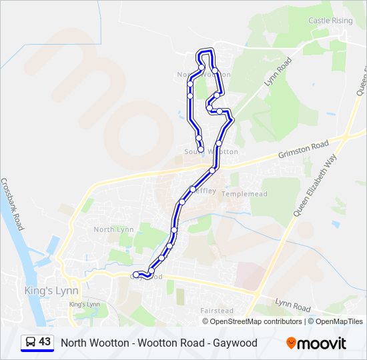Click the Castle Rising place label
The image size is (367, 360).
pos(330,21)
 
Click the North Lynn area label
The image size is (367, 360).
pos(113,229)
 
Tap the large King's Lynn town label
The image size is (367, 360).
pos(51,291)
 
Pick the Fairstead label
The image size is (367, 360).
pos(216,311)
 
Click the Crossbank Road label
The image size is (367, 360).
pos(12,204)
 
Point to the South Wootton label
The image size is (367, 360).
pos(211,152)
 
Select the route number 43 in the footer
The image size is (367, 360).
pos(45,342)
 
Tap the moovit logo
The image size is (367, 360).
pos(316,343)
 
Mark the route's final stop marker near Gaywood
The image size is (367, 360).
pos(136,274)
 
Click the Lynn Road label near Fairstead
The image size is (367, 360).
pos(292,307)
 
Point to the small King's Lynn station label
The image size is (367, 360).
pos(84,305)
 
